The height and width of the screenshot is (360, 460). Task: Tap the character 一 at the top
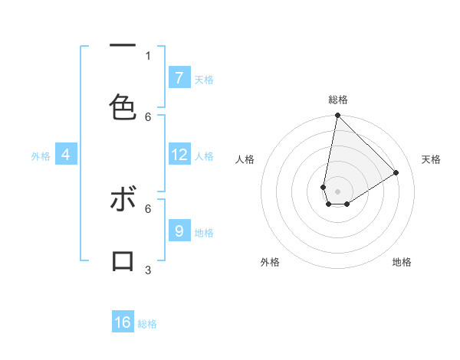(x=123, y=45)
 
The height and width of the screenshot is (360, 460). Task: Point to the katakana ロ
(x=123, y=260)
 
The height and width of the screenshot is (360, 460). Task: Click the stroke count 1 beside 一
(x=148, y=55)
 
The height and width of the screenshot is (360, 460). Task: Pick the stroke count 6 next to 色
(x=148, y=116)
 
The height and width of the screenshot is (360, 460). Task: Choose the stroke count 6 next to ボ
(x=148, y=208)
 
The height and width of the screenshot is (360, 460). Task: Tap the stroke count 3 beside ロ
(x=148, y=270)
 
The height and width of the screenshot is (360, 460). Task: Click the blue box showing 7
(x=179, y=77)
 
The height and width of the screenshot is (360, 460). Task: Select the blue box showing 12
(x=179, y=154)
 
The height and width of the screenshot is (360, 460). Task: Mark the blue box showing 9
(x=179, y=231)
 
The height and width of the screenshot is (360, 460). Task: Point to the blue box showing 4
(x=66, y=155)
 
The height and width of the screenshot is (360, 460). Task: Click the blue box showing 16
(x=123, y=322)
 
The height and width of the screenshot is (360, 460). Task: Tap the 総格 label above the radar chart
(x=338, y=100)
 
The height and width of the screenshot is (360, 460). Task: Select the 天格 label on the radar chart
(x=431, y=159)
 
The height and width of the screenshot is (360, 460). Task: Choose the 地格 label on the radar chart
(x=402, y=262)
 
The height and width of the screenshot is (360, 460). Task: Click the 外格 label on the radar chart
(x=270, y=262)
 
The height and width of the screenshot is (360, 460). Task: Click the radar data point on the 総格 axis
(x=337, y=116)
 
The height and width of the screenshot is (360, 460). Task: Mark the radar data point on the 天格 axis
(x=396, y=172)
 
